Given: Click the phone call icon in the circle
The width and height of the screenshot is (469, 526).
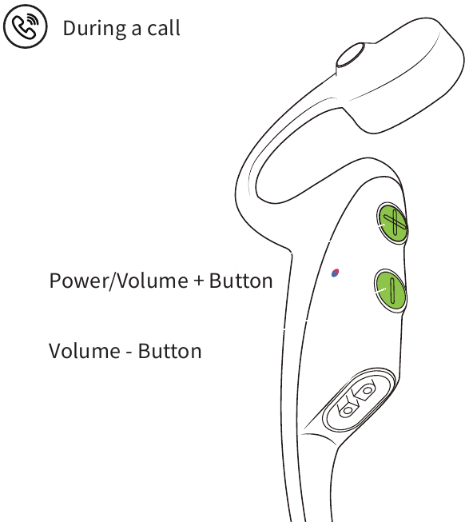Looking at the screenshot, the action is click(25, 26).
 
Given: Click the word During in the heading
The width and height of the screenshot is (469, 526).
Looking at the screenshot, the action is click(94, 29).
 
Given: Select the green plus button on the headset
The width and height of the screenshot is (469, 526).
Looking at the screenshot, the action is click(391, 223).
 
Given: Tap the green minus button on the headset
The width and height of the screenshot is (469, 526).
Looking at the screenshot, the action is click(390, 291).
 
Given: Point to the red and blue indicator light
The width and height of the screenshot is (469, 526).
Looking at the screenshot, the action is click(336, 273).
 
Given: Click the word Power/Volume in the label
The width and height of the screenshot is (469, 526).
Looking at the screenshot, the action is click(119, 281).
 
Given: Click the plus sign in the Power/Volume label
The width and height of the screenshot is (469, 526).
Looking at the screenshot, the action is click(199, 281).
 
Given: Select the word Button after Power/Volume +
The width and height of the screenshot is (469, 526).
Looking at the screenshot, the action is click(240, 281).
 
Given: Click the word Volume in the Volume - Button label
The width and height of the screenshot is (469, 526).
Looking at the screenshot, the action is click(85, 351).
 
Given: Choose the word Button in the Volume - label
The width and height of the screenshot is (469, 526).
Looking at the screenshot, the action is click(169, 351).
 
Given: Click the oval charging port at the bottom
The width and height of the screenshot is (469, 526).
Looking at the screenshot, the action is click(359, 399).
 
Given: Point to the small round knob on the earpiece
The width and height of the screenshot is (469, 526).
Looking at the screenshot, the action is click(351, 54).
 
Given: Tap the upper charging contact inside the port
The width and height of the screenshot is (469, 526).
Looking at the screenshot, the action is click(367, 390).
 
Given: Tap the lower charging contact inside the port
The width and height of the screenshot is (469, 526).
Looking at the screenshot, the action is click(348, 409).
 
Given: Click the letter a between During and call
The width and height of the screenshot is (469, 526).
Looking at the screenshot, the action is click(137, 30).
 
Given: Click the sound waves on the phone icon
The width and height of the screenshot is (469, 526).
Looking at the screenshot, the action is click(34, 19).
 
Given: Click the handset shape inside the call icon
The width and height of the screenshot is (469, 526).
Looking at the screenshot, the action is click(23, 28).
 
